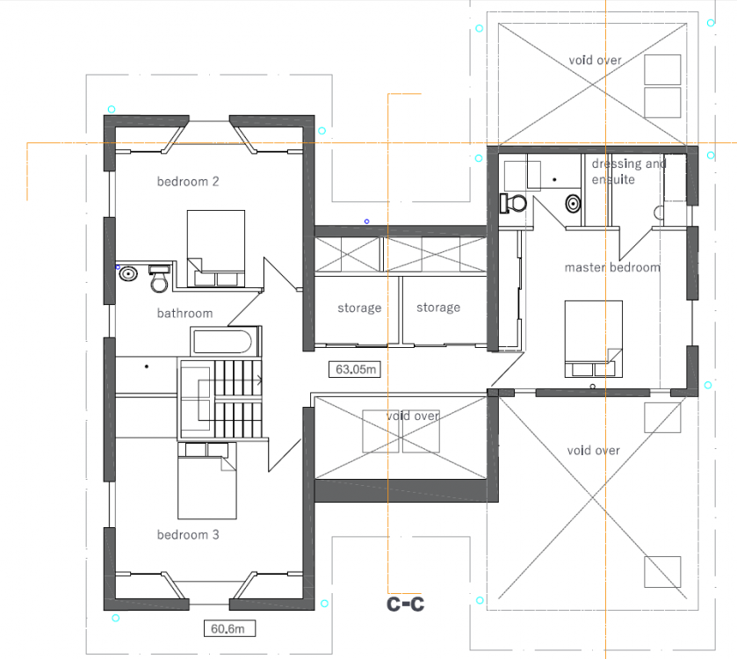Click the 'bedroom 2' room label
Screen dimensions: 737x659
[188, 181]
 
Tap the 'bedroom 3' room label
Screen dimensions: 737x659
[188, 534]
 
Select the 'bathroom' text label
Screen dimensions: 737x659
[184, 313]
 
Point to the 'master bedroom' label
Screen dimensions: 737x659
[612, 267]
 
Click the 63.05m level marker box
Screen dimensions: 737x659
[354, 369]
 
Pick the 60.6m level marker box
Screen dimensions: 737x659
[230, 628]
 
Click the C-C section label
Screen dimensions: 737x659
[405, 604]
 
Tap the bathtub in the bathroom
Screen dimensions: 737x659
[225, 341]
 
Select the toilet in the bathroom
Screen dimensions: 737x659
[159, 279]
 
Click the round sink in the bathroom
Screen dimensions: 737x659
[128, 273]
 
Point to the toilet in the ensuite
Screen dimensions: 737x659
[513, 203]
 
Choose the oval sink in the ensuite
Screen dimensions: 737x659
[573, 204]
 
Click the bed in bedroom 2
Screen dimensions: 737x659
[216, 249]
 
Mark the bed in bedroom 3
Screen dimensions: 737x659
[206, 481]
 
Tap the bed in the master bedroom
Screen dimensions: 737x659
[594, 339]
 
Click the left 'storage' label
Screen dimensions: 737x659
[359, 308]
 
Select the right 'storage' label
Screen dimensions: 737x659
[438, 308]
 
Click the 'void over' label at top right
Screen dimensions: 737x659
[595, 60]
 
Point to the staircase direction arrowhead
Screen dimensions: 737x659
[259, 380]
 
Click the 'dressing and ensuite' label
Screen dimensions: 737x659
[629, 171]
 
